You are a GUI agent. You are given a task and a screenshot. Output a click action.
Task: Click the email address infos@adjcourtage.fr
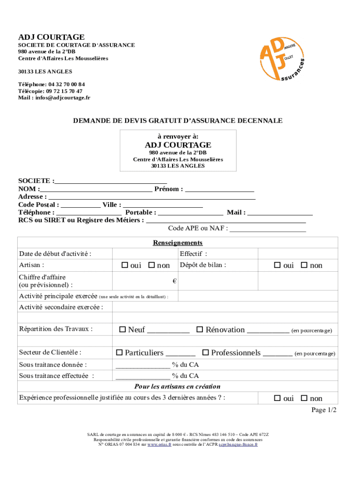pos(61,98)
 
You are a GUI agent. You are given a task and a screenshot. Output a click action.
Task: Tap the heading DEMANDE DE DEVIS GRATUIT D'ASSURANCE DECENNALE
pos(178,121)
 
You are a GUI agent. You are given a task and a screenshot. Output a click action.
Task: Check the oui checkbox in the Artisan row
pos(124,265)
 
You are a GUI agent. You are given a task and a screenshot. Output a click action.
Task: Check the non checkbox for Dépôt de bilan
pos(304,265)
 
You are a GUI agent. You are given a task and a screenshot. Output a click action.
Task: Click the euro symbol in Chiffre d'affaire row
pos(174,281)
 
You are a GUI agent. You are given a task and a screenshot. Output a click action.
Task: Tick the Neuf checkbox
pos(122,330)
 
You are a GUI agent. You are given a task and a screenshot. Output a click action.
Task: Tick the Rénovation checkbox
pos(200,330)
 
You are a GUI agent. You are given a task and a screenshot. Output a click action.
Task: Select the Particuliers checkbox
pos(119,352)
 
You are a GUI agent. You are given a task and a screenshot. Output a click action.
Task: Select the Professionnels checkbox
pos(205,352)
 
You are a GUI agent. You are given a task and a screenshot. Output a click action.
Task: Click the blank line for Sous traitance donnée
pos(143,365)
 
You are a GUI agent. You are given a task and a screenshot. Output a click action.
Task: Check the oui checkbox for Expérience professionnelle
pos(277,399)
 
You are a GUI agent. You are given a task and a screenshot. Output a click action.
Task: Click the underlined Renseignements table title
pos(178,243)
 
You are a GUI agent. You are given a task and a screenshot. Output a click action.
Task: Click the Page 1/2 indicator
pos(324,410)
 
